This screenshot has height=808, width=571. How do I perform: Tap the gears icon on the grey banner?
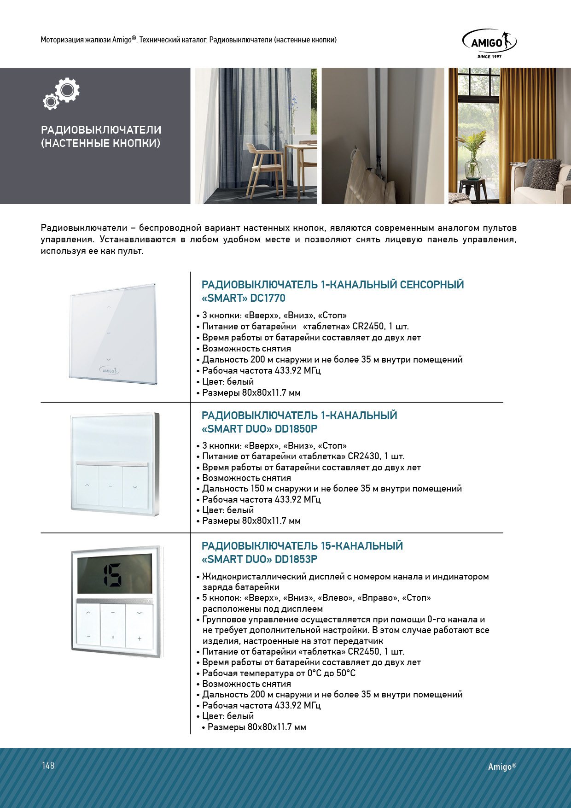point(62,94)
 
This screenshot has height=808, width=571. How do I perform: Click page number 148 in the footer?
point(48,766)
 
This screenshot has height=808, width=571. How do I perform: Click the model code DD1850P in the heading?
point(296,429)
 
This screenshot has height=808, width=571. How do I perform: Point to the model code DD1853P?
point(296,559)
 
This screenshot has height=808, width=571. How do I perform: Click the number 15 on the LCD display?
point(113,575)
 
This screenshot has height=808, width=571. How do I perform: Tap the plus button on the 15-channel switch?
point(139,638)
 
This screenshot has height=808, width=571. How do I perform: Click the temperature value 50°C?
point(346,673)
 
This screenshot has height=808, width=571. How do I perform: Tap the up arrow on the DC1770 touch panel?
point(109,307)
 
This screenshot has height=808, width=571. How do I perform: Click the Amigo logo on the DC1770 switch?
point(110,370)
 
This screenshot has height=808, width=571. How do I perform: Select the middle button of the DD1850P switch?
point(111,486)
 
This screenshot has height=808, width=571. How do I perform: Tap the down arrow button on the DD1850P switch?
point(135,486)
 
